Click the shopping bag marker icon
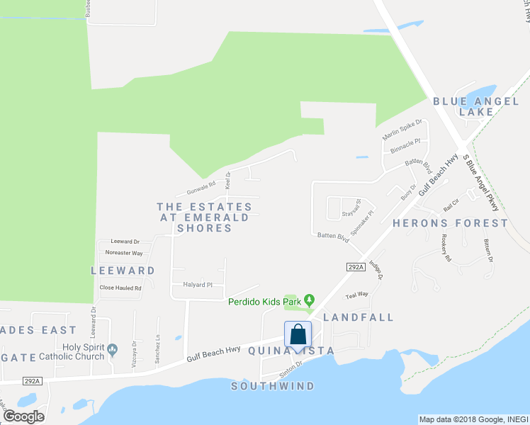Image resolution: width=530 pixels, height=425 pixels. pyautogui.click(x=298, y=334)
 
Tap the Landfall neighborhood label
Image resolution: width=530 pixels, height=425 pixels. pyautogui.click(x=358, y=317)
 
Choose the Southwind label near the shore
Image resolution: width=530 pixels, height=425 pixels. pyautogui.click(x=273, y=386)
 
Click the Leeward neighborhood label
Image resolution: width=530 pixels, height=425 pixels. pyautogui.click(x=123, y=271)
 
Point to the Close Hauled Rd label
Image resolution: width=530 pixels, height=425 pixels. pyautogui.click(x=120, y=288)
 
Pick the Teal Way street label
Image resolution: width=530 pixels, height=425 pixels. pyautogui.click(x=357, y=294)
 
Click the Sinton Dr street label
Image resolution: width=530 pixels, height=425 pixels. pyautogui.click(x=290, y=365)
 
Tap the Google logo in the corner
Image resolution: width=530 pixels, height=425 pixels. pyautogui.click(x=24, y=416)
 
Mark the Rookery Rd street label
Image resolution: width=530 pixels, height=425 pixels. pyautogui.click(x=446, y=248)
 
